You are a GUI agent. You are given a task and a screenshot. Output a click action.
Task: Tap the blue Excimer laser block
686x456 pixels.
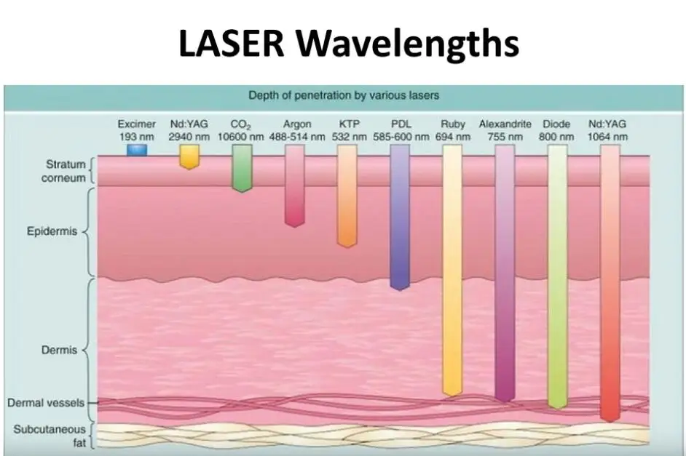coord(136,150)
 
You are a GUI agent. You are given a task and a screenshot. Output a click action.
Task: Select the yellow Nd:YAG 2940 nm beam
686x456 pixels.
coord(189,156)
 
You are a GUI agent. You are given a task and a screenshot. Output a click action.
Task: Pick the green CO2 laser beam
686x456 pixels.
coord(242,167)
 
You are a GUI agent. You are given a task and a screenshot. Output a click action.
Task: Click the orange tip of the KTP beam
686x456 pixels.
coord(347,240)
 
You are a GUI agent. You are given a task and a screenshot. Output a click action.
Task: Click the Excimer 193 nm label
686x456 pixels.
coord(136,130)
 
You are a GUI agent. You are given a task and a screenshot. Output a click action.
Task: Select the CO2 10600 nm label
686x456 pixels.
coord(242,130)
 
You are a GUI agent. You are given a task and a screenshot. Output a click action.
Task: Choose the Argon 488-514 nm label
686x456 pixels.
coord(297,130)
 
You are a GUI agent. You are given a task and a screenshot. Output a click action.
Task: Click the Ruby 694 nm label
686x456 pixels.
coord(452,130)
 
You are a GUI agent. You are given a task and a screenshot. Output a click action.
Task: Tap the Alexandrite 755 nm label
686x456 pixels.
coord(505,130)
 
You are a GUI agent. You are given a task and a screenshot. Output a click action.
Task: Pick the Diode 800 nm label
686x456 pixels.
coord(557,130)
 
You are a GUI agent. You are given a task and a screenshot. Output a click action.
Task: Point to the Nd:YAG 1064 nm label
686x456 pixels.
coord(610,130)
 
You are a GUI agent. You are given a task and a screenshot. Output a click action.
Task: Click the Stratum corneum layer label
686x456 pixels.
coord(66,170)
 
